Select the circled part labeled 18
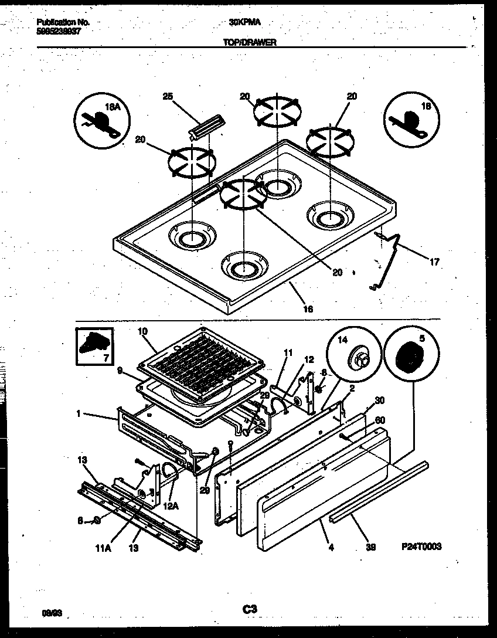click(409, 118)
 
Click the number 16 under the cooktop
click(307, 308)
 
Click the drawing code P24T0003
click(421, 547)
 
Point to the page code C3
click(250, 610)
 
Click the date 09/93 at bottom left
click(52, 613)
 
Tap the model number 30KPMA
click(245, 22)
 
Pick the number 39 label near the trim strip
click(370, 547)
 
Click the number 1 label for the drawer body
click(77, 414)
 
